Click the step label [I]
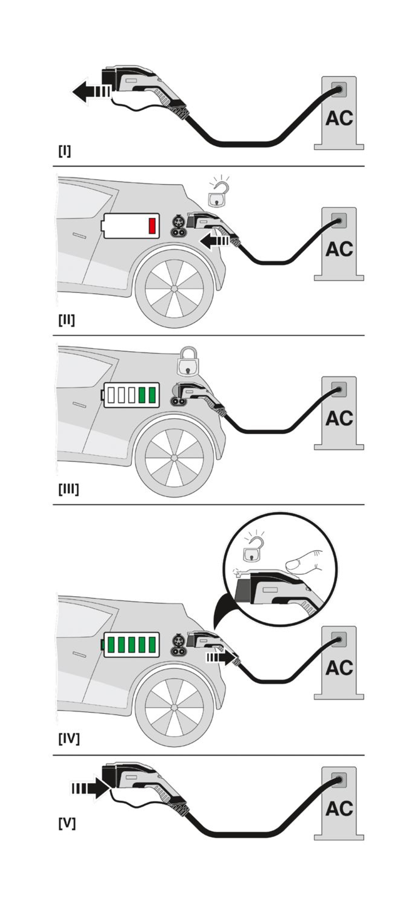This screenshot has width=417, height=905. pyautogui.click(x=65, y=151)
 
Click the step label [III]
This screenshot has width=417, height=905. pyautogui.click(x=68, y=489)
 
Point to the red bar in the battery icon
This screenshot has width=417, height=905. pyautogui.click(x=152, y=226)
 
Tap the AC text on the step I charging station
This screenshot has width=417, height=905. pyautogui.click(x=339, y=118)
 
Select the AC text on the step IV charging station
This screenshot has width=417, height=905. pyautogui.click(x=339, y=668)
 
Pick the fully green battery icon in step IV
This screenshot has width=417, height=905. pyautogui.click(x=131, y=644)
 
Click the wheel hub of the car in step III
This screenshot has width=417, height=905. pyautogui.click(x=174, y=458)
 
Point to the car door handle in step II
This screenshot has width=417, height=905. pyautogui.click(x=79, y=236)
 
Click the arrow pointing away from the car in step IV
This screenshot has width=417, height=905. pyautogui.click(x=221, y=658)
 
